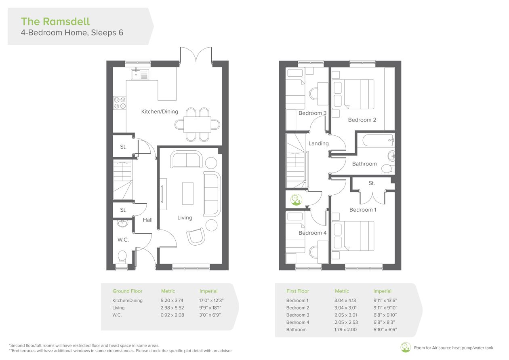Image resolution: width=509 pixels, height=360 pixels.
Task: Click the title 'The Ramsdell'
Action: click(x=55, y=21)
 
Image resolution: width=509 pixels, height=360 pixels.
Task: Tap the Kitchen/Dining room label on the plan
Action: click(x=160, y=112)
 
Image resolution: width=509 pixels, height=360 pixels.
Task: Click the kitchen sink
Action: click(x=140, y=74)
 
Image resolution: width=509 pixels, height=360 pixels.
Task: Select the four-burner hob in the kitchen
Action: click(x=120, y=103)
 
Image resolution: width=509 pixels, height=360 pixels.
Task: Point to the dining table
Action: click(x=197, y=124)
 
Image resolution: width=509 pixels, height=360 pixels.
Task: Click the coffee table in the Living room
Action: click(x=188, y=194)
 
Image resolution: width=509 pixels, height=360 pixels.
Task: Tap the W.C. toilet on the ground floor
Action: click(x=122, y=257)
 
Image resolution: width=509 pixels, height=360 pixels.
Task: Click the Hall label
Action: click(x=147, y=220)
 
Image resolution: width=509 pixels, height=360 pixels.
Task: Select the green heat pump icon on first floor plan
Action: click(x=297, y=200)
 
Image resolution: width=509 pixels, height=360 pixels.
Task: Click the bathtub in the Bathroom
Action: click(x=379, y=141)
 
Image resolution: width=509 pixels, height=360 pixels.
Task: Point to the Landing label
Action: click(x=318, y=143)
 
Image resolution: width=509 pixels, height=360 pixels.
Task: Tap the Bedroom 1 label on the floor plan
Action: click(x=363, y=210)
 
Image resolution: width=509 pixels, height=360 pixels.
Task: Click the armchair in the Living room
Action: click(x=196, y=236)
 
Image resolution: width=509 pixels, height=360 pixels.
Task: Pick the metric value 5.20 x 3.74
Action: click(x=172, y=300)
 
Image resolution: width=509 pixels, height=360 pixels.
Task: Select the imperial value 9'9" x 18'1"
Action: click(x=210, y=307)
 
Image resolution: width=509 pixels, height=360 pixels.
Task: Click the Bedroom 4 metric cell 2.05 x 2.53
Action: click(x=346, y=322)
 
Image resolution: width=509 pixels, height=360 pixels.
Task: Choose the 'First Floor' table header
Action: click(x=297, y=291)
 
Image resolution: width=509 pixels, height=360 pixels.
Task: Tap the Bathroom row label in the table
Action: click(x=297, y=329)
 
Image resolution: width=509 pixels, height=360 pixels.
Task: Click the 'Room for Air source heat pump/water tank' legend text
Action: click(x=454, y=348)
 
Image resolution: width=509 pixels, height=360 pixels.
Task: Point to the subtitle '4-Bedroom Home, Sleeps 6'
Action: click(x=72, y=32)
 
